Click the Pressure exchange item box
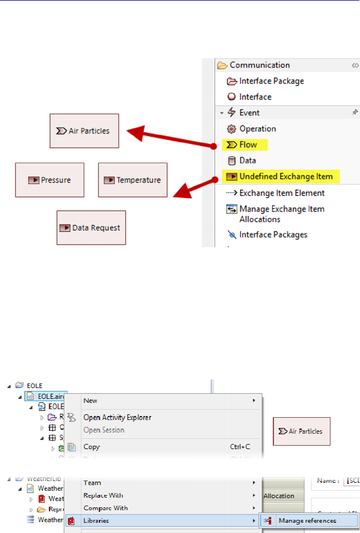pos(50,180)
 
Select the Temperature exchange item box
pos(133,180)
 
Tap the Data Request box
pos(91,228)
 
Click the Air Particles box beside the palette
pos(84,131)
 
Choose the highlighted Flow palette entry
pos(248,145)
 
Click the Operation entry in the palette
pos(257,129)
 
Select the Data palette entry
pos(247,161)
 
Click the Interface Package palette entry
pos(271,81)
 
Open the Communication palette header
pos(260,65)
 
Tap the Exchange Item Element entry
pos(282,193)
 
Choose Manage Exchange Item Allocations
pos(281,214)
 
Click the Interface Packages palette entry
pos(273,235)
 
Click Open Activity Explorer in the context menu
pos(117,417)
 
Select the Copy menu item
pos(91,447)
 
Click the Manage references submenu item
pos(307,520)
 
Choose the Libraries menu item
pos(96,520)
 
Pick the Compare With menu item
pos(106,508)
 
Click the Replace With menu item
pos(103,495)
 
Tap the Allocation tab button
pos(278,496)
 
